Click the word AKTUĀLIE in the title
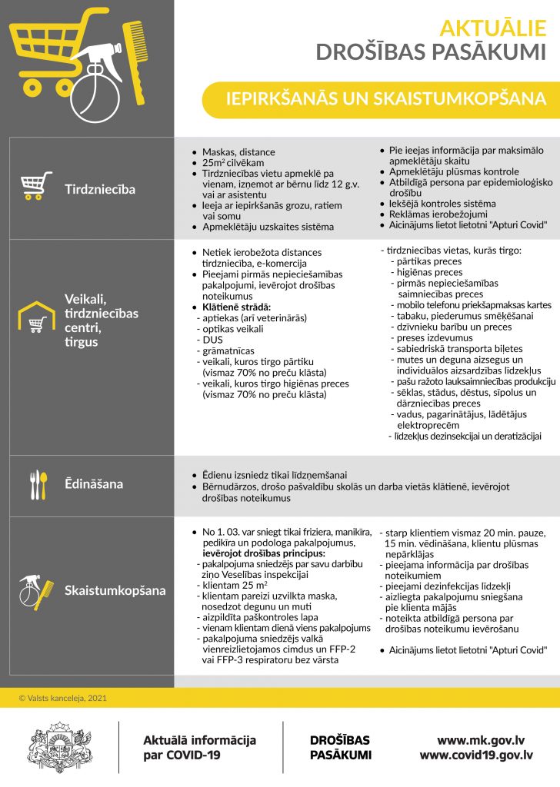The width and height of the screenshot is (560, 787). (493, 28)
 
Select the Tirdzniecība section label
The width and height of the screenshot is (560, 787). (100, 189)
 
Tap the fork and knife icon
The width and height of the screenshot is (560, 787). (38, 484)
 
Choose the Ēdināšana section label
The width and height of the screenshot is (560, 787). (94, 485)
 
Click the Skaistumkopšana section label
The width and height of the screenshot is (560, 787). (115, 590)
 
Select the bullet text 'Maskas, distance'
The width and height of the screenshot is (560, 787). (238, 152)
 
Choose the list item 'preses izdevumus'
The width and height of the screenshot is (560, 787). (435, 337)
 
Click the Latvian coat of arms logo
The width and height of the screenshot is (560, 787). (59, 746)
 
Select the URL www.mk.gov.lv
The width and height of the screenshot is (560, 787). (481, 740)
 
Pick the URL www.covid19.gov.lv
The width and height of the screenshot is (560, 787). (476, 755)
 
